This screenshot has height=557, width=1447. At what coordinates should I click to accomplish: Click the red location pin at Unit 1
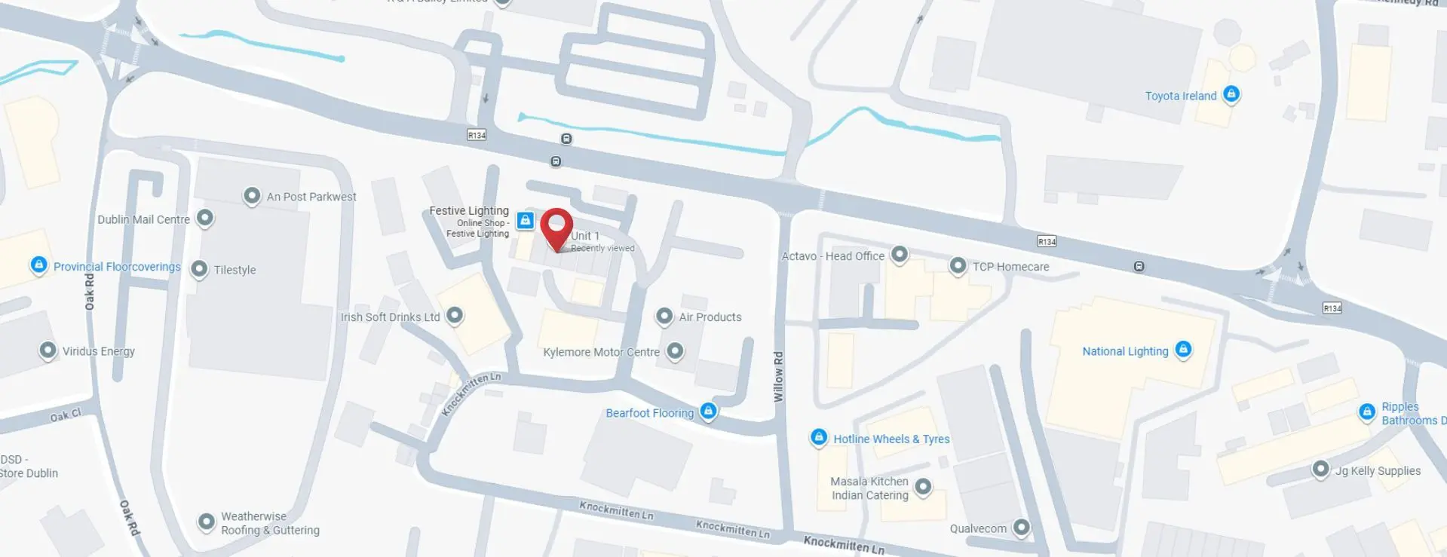556,227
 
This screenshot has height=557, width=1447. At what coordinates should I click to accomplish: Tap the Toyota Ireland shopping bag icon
1231,94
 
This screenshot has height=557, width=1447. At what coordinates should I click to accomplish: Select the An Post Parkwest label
311,197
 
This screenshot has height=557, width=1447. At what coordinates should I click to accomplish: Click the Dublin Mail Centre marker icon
205,219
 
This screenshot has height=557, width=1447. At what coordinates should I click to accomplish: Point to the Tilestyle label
235,270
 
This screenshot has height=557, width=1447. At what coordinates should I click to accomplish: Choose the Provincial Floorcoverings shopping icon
38,265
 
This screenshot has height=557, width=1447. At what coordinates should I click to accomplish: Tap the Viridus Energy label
98,351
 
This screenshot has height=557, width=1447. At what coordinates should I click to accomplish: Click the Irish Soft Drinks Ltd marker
455,316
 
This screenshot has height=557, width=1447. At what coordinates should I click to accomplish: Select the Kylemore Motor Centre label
601,352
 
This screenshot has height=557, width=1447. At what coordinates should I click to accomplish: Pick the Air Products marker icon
664,317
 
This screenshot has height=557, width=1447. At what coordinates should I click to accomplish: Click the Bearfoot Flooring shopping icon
708,412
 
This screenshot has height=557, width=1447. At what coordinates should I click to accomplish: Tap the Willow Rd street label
779,376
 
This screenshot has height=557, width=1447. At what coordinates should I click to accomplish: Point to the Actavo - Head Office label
832,256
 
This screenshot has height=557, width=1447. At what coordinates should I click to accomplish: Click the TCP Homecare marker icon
958,266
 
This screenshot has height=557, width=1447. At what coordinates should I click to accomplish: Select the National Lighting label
1125,351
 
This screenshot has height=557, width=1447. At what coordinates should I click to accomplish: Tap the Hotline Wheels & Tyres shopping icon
819,438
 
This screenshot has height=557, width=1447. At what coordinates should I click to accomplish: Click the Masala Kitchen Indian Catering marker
923,487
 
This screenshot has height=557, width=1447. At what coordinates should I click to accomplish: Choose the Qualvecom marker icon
1021,528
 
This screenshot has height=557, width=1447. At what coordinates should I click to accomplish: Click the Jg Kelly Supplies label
1378,471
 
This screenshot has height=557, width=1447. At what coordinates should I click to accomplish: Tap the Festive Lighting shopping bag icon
526,221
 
